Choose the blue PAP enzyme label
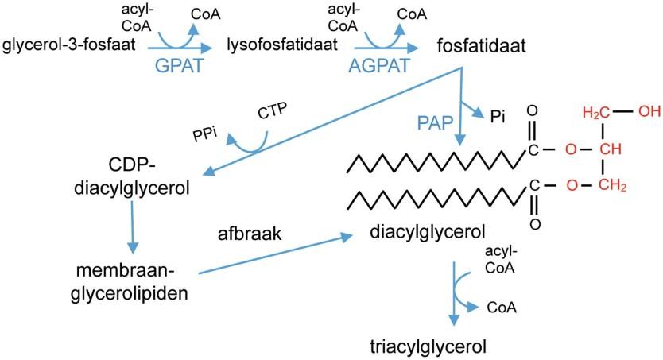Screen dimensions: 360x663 click(x=436, y=122)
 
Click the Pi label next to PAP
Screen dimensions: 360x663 click(x=498, y=117)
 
